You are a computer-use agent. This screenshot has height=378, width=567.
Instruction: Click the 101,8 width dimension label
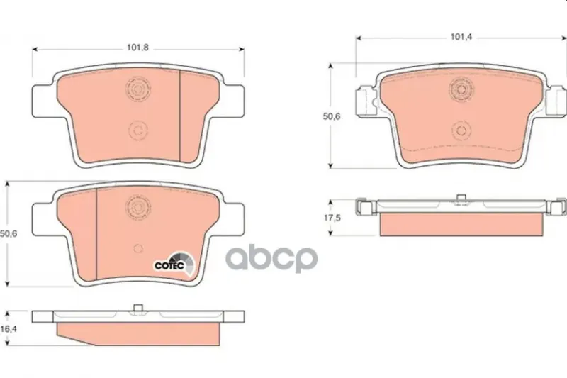(137, 48)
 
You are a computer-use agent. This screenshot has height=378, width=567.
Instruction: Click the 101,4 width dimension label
(461, 37)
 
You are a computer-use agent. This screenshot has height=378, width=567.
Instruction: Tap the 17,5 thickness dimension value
(332, 218)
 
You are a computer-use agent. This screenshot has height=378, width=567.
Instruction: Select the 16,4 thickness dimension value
(9, 328)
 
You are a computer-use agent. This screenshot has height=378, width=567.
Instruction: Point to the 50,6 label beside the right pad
(332, 116)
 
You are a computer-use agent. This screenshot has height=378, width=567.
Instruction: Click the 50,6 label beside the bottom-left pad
(9, 233)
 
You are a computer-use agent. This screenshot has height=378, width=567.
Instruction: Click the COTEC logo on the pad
(174, 264)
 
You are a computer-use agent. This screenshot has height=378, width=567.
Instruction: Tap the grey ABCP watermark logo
(271, 259)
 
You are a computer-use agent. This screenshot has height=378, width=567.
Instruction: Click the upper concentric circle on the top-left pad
(138, 89)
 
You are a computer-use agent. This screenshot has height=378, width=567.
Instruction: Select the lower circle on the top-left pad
(138, 130)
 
